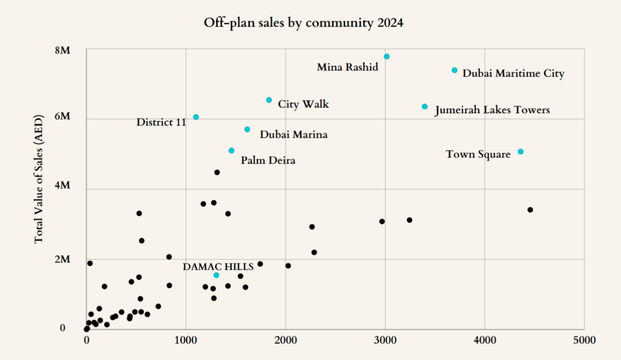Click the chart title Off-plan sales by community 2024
tap(303, 24)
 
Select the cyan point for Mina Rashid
tap(387, 57)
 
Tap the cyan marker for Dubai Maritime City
tap(454, 70)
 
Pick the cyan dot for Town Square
tap(520, 152)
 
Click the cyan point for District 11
tap(196, 117)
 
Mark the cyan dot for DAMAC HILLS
tap(216, 275)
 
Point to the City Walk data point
tap(269, 100)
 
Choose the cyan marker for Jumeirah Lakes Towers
tap(424, 107)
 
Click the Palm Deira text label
tap(268, 161)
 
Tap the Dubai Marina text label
tap(293, 135)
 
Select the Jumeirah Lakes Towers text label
tap(492, 111)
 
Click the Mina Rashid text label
tap(347, 67)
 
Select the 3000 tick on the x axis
tap(385, 340)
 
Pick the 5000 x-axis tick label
tap(584, 340)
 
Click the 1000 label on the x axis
tap(185, 340)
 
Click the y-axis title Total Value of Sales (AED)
tap(39, 192)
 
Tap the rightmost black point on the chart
tap(530, 210)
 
